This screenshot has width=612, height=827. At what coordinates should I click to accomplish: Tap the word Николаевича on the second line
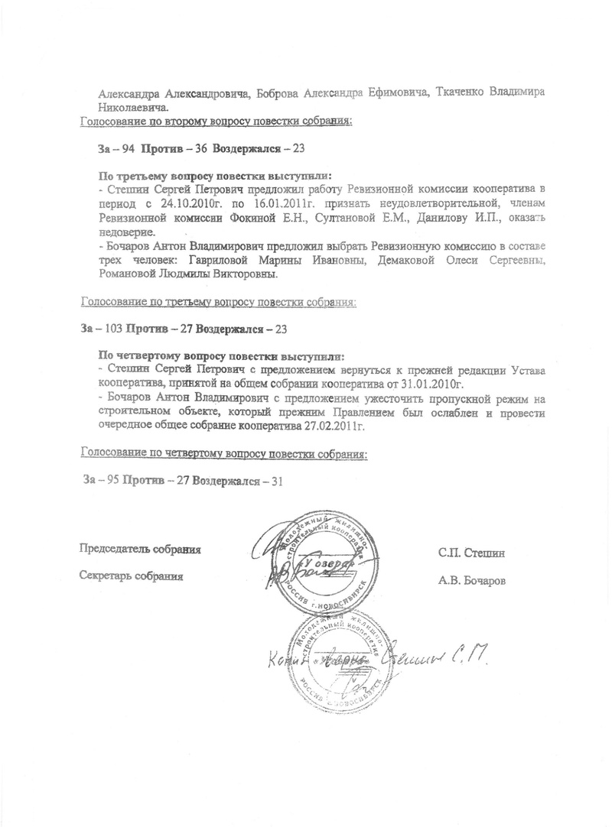click(x=117, y=107)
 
